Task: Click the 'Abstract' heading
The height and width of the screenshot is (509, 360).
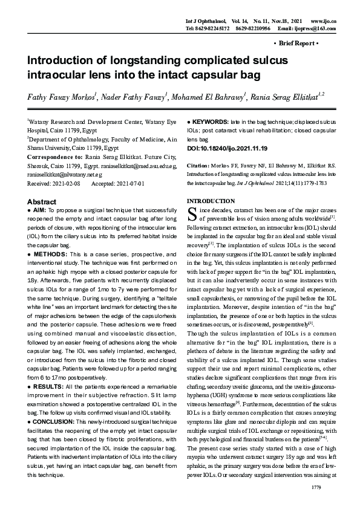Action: [42, 201]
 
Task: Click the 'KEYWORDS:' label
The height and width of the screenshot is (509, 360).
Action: [210, 122]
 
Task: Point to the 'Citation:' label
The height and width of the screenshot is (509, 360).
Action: [198, 164]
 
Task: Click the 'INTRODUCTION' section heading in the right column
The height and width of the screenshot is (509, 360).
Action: [211, 200]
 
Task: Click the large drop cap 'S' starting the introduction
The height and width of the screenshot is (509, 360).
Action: [192, 213]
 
